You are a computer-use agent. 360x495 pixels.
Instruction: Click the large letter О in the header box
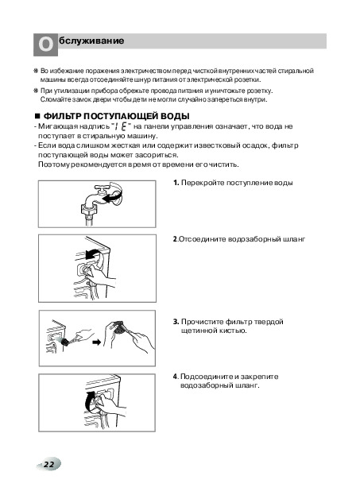[46, 44]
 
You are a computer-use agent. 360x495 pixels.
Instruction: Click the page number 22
[49, 464]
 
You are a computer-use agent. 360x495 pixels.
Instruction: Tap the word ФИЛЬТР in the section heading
[63, 116]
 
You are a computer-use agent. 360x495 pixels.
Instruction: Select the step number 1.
[176, 183]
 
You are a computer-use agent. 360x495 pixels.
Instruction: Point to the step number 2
[175, 239]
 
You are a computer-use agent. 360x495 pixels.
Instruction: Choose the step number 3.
[176, 322]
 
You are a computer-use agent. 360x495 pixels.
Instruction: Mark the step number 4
[176, 377]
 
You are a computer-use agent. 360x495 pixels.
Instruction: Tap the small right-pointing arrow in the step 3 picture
[97, 342]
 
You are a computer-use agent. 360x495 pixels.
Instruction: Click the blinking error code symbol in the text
[121, 126]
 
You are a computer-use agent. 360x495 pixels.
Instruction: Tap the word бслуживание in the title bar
[91, 41]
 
